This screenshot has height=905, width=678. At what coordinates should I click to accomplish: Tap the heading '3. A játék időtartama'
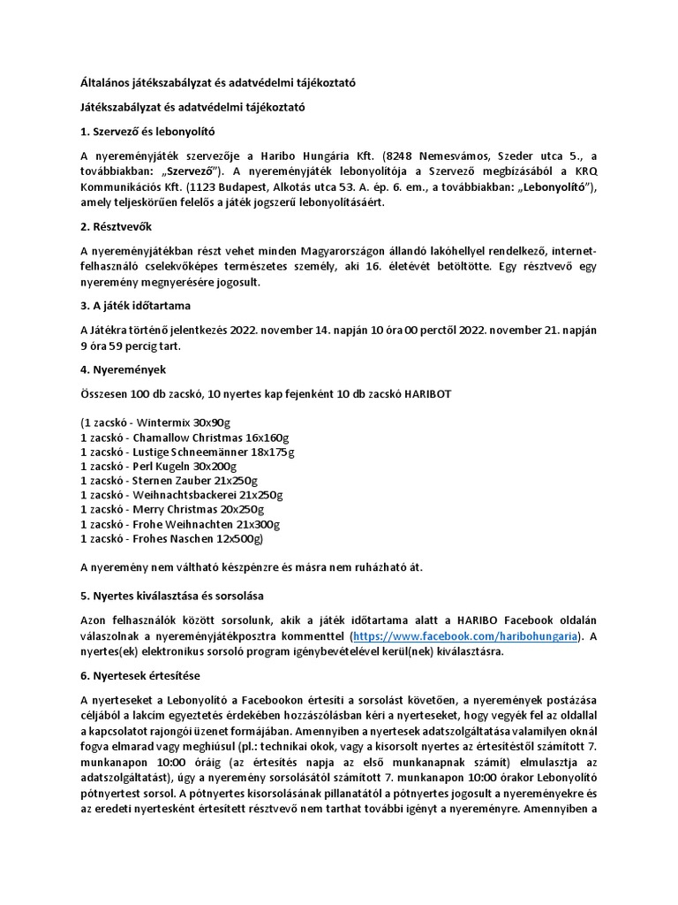coord(136,307)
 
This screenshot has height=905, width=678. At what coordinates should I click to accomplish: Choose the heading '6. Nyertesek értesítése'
coord(140,675)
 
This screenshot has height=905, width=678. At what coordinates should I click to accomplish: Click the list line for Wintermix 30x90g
coord(154,423)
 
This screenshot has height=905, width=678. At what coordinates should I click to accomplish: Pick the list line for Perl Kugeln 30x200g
coord(157,467)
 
